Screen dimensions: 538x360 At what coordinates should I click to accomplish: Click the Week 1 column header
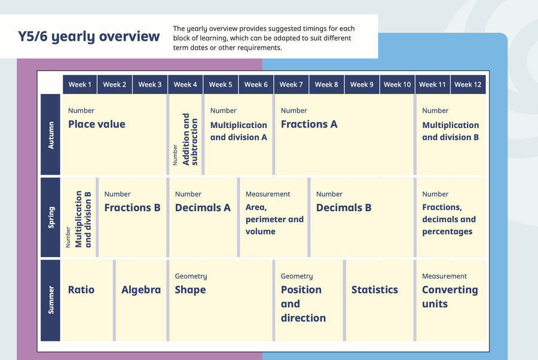point(80,84)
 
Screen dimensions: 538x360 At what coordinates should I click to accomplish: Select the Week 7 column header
point(291,84)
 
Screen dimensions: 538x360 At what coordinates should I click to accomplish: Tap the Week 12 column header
point(468,84)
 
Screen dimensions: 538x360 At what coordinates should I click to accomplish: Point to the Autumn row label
point(50,135)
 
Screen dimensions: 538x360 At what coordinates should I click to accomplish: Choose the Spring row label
point(50,217)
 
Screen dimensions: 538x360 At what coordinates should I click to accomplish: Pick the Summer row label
point(50,300)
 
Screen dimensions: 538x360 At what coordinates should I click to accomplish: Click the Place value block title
point(97,124)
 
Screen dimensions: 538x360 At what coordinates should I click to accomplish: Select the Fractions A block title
point(309,124)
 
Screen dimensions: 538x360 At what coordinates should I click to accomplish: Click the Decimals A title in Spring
point(203,208)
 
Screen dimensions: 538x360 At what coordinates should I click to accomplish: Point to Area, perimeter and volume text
point(274,219)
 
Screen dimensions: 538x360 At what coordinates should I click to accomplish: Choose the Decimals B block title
point(344,208)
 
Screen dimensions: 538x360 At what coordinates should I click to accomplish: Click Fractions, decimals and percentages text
point(449,219)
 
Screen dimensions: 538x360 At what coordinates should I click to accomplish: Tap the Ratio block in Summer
point(81,289)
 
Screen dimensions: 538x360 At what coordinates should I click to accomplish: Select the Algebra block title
point(141,290)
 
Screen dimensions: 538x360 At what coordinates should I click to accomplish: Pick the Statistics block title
point(375,289)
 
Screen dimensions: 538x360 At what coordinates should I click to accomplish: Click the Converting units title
point(450,297)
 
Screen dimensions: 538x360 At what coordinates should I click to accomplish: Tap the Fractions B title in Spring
point(133,208)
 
